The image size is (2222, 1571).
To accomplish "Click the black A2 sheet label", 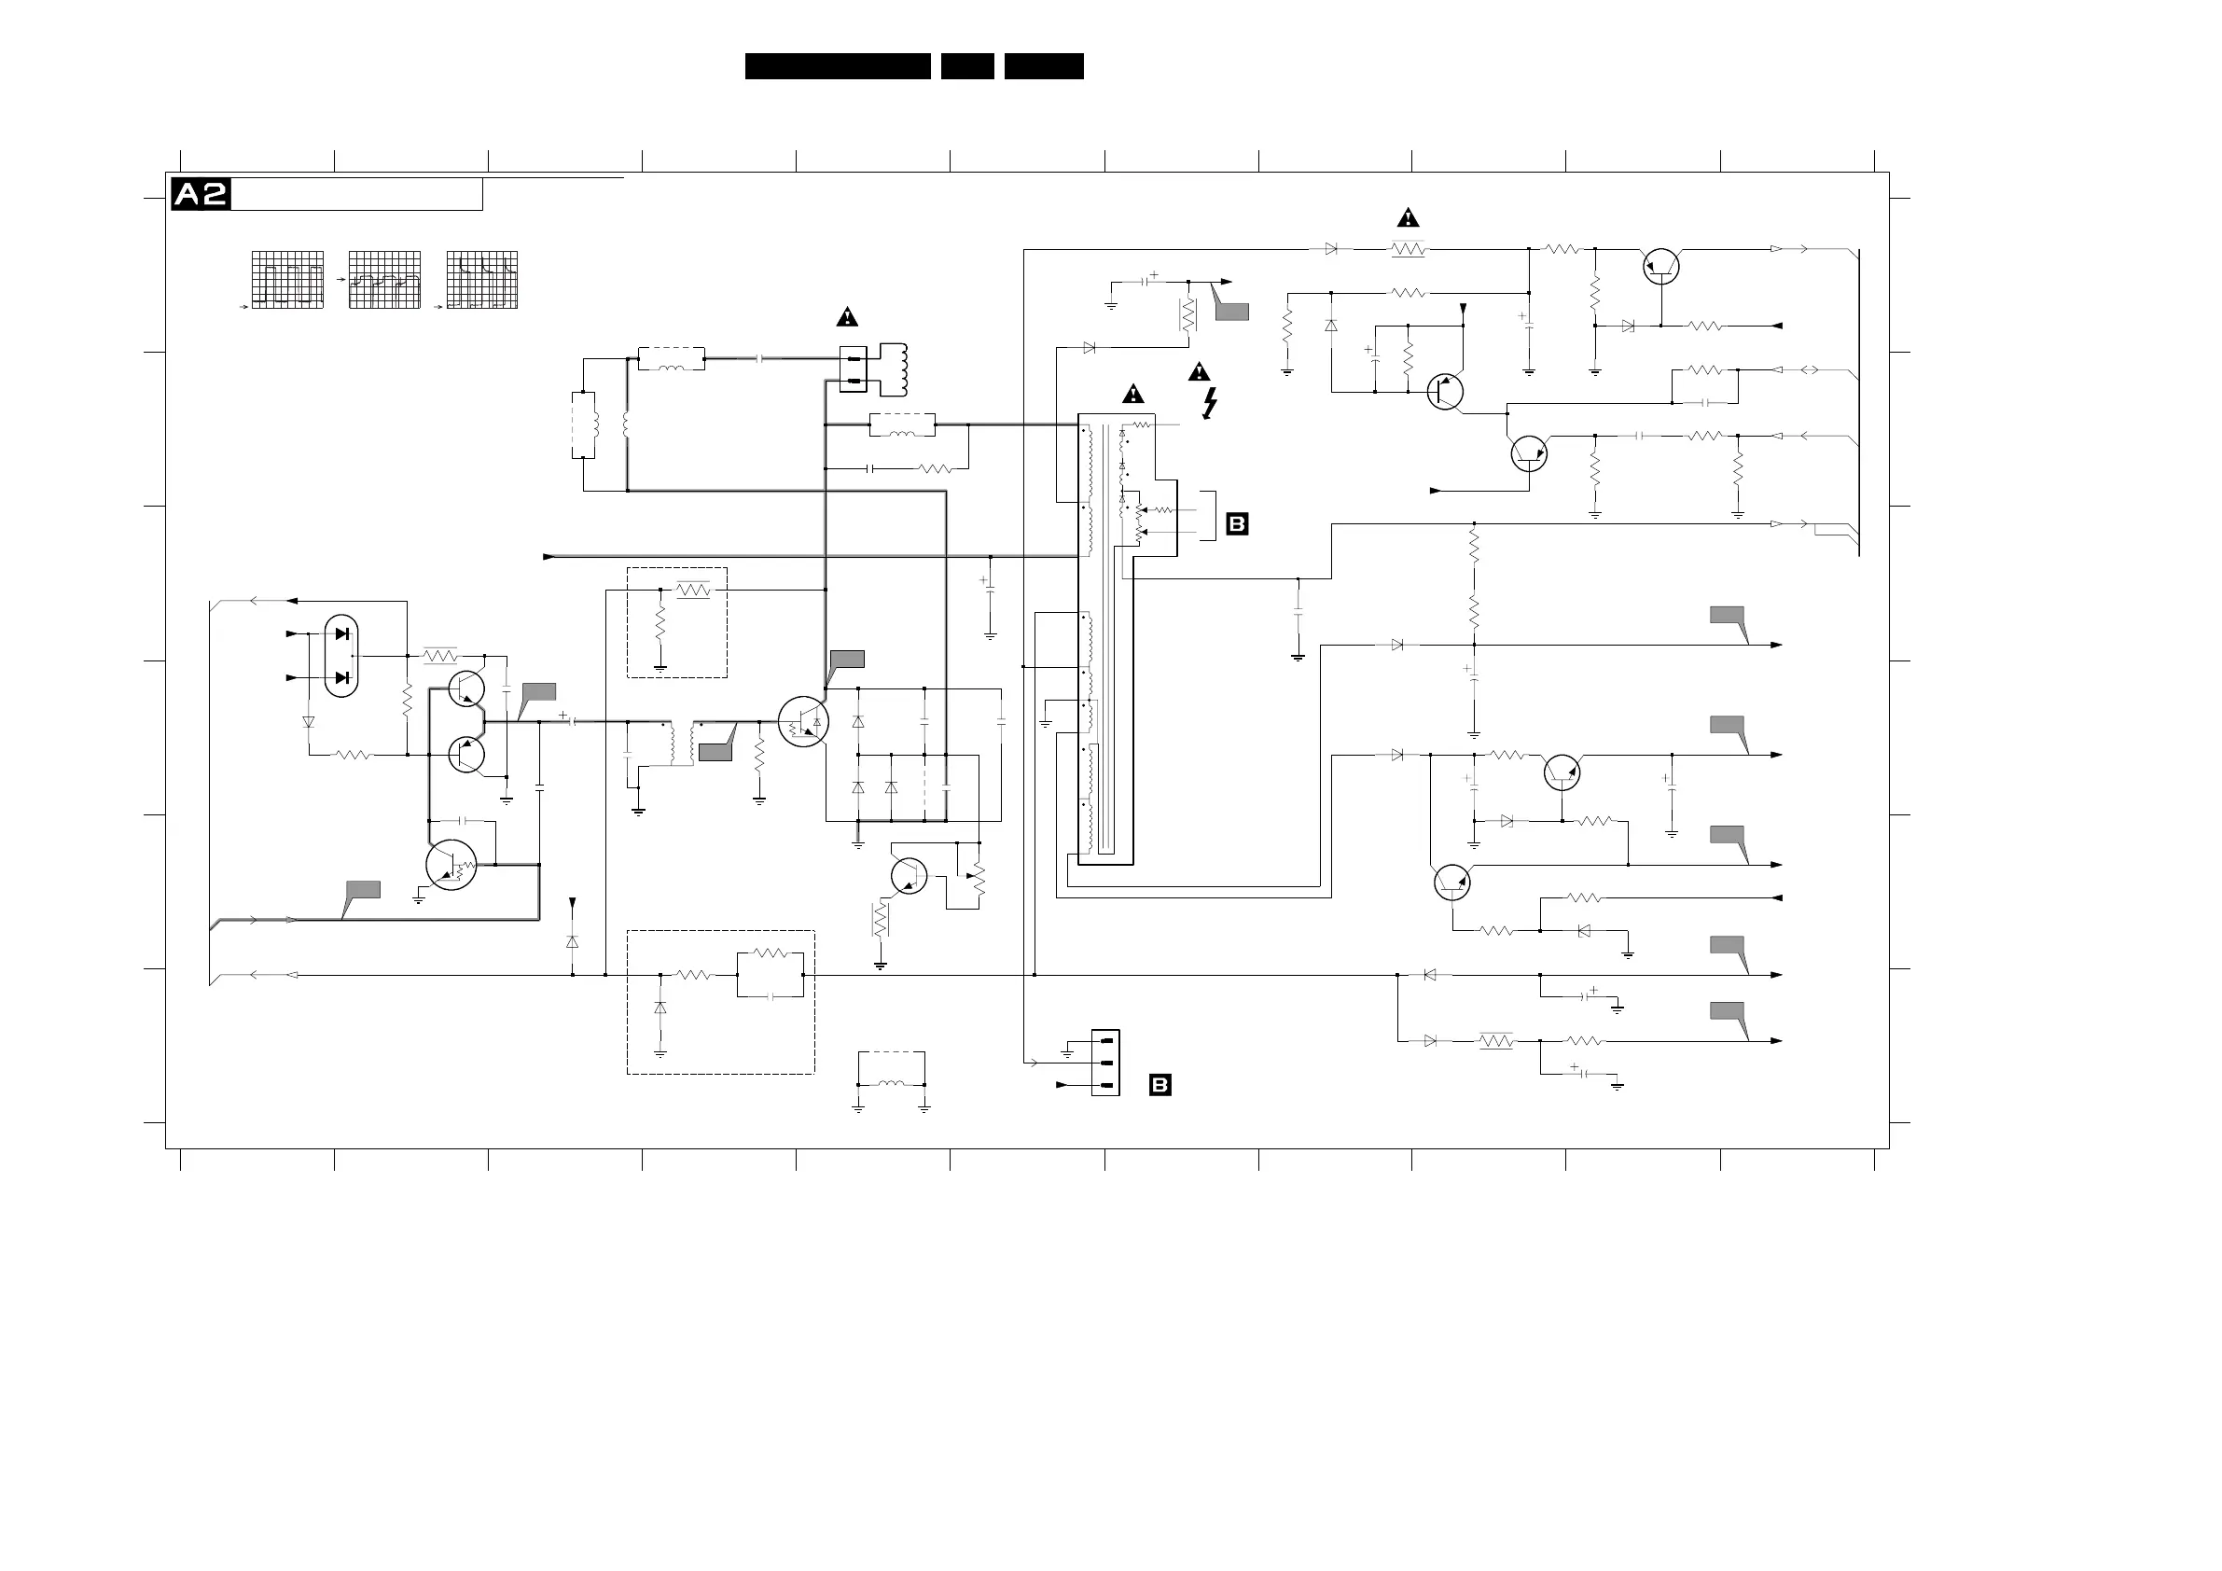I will pos(201,195).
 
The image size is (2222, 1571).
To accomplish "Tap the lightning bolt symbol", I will pos(1209,403).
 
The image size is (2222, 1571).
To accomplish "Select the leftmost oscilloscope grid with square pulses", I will pos(287,280).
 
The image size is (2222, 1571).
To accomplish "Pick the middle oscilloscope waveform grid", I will pos(384,280).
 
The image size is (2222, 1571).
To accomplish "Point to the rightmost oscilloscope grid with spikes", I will pos(482,280).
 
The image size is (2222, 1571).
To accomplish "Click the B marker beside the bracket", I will pos(1237,523).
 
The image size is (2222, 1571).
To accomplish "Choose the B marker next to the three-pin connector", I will pos(1160,1084).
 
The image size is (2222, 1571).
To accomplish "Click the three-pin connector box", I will pos(1105,1062).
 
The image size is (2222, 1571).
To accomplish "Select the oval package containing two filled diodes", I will pos(340,655).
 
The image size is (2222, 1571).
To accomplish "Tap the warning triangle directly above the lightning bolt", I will pos(1199,371).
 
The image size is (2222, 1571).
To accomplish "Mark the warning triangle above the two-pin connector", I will pos(847,316).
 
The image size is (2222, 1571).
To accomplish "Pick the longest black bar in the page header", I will pos(837,66).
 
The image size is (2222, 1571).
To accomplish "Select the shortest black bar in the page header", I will pos(966,66).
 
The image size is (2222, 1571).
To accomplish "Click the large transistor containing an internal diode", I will pos(803,721).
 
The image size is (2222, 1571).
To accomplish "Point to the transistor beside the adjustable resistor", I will pos(909,875).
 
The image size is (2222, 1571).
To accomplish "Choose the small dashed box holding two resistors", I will pos(676,621).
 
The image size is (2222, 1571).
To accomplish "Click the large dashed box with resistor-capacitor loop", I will pos(720,1002).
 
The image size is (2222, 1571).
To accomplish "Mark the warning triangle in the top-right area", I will pos(1407,216).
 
